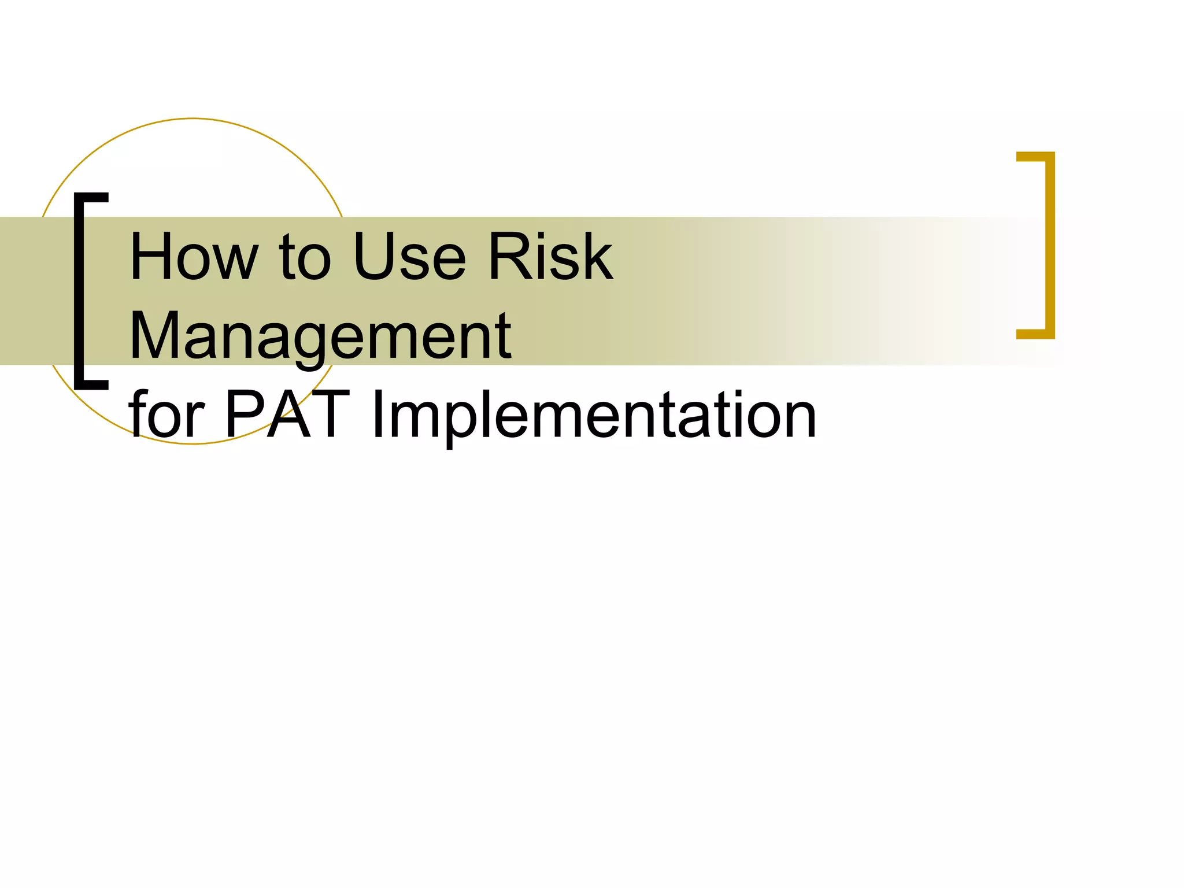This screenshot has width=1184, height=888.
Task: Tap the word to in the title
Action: (x=305, y=257)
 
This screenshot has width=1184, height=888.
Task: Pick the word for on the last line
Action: (x=167, y=415)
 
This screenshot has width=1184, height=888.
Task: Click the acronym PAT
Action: (x=287, y=415)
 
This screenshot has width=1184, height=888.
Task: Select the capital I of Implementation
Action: (x=378, y=415)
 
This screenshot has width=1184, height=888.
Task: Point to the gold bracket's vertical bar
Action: (x=1050, y=246)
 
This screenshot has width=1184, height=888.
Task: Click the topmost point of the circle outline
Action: (x=193, y=119)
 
